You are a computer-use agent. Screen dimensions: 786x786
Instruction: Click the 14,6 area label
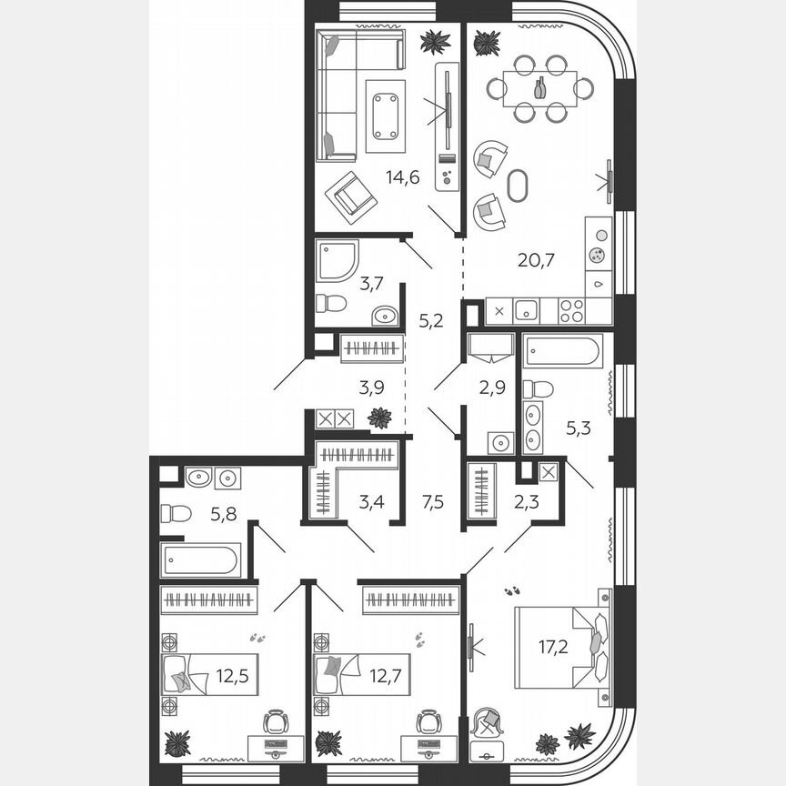coord(402,177)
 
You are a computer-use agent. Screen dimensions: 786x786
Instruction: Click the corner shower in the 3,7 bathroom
coord(337,260)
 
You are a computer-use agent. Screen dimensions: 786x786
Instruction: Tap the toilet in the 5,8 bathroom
coord(175,513)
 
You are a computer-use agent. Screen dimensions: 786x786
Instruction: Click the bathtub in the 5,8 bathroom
coord(201,559)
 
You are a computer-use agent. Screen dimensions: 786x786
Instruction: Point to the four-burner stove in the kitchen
coord(570,310)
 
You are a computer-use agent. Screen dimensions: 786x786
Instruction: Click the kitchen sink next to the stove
coord(527,310)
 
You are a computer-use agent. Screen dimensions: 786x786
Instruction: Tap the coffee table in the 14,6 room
coord(386,116)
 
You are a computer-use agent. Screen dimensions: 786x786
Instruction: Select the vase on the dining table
coord(540,87)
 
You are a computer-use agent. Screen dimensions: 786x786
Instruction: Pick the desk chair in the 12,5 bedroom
coord(275,722)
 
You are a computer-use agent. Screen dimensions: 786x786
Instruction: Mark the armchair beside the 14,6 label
coord(351,196)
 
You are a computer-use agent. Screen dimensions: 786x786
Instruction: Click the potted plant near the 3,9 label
coord(379,418)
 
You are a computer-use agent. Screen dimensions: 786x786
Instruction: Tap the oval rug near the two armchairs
coord(517,186)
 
